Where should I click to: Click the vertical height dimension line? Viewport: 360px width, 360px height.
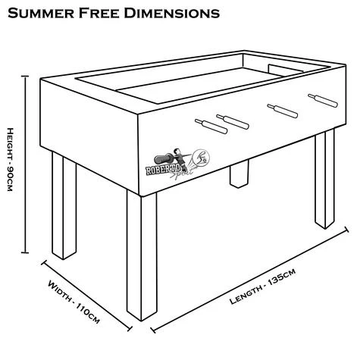pyautogui.click(x=26, y=167)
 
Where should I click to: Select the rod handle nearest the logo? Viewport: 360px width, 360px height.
pyautogui.click(x=205, y=124)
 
